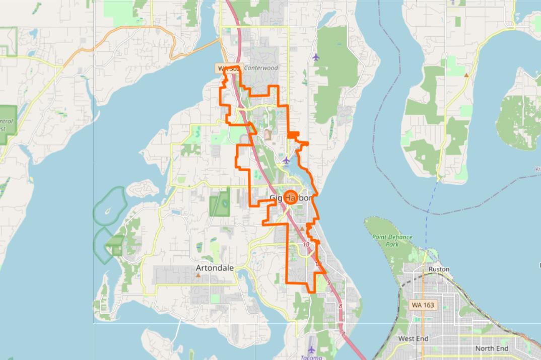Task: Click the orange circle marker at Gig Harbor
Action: [291, 197]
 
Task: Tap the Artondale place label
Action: [215, 268]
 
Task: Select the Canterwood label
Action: [261, 68]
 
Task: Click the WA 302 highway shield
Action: [228, 68]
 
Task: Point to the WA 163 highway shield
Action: [422, 305]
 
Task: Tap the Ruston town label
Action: [438, 269]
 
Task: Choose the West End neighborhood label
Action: [413, 339]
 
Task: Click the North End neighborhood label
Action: [492, 348]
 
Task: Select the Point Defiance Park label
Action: [392, 240]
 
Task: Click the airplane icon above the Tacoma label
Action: [311, 348]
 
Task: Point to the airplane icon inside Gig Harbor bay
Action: [286, 160]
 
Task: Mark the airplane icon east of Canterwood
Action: [316, 56]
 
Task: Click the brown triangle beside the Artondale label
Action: [198, 275]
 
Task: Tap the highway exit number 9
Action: [328, 283]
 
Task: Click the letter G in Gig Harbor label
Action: [274, 198]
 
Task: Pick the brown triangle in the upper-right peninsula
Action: [466, 75]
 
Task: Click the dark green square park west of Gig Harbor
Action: [220, 203]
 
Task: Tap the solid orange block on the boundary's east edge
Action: [293, 135]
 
